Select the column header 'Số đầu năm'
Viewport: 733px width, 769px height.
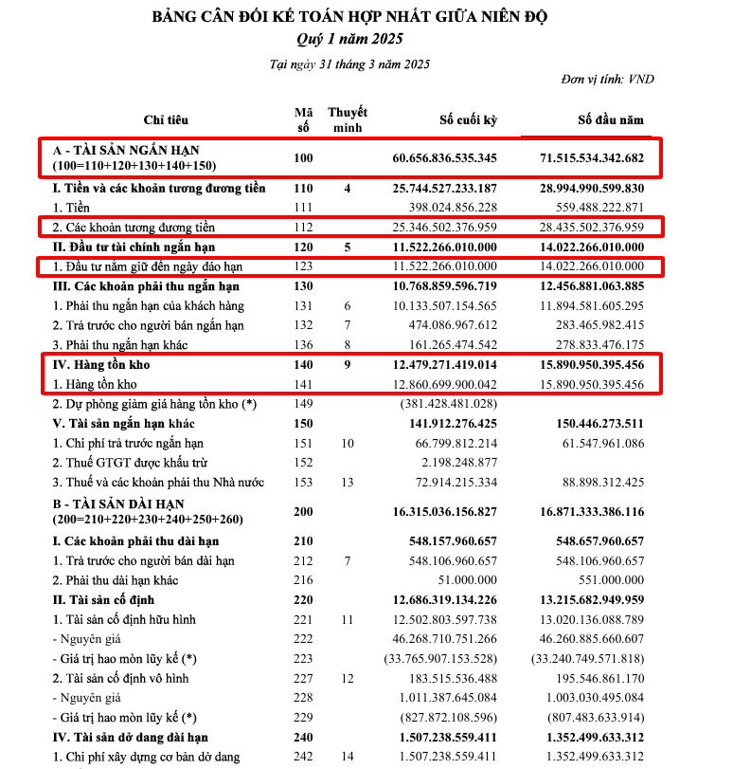pos(611,120)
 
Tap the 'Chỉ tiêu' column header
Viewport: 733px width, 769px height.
pos(166,120)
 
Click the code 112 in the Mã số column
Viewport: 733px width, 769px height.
pos(303,228)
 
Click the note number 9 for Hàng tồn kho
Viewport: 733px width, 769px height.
pos(348,364)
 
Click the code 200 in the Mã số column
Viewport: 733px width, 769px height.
pos(303,511)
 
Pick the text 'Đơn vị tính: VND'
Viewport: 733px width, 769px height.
pos(607,80)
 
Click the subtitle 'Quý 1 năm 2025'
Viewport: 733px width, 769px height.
pos(349,39)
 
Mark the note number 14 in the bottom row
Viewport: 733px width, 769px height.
pos(348,757)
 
